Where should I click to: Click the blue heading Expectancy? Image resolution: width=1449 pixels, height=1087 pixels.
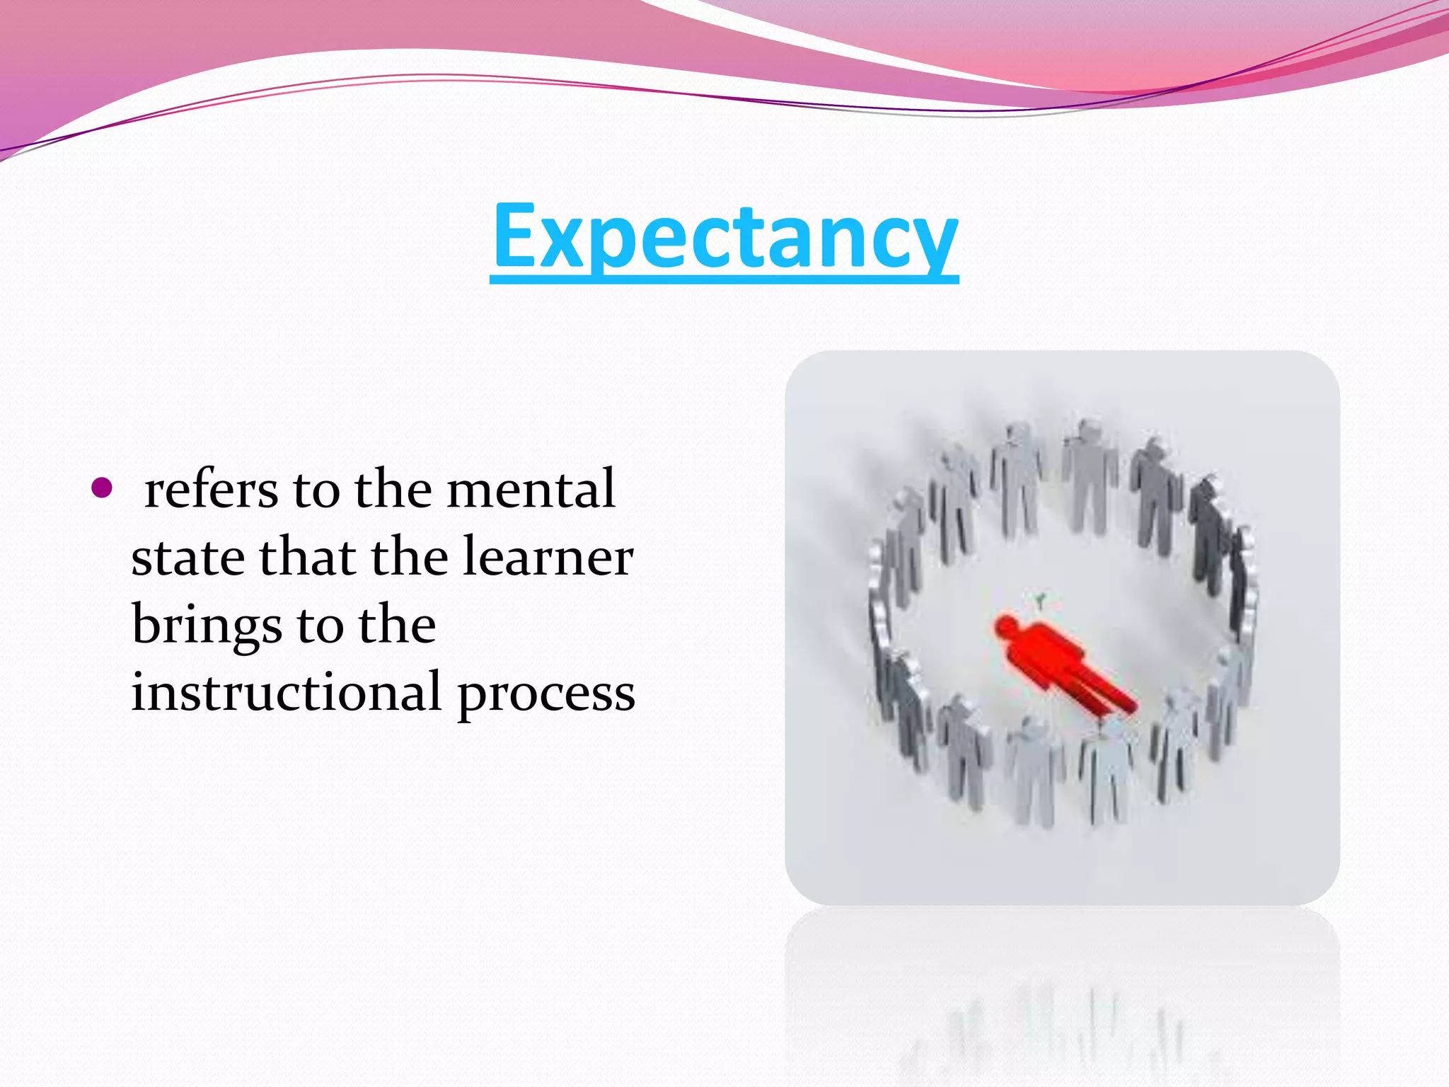coord(724,237)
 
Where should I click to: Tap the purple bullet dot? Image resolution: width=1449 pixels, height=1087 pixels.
coord(102,488)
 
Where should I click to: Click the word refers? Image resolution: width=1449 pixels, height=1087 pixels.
coord(211,490)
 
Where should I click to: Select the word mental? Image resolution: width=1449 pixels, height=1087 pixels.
coord(531,490)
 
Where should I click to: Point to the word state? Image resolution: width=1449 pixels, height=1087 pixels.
coord(188,558)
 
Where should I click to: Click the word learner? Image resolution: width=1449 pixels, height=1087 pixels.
coord(548,558)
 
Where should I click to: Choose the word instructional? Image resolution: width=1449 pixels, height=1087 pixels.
coord(286,692)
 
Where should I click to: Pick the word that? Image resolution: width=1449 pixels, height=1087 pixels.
coord(307,558)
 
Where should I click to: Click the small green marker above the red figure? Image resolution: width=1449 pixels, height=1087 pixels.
coord(1040,602)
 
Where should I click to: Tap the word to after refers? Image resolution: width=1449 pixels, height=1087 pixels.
coord(316,490)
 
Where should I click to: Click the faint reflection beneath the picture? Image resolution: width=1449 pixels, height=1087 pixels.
coord(1061,1012)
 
